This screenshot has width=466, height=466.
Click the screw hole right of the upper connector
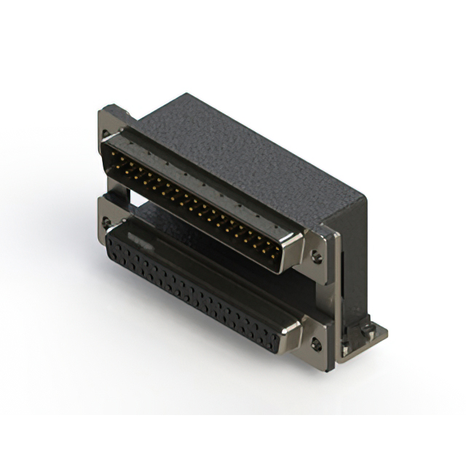pos(316,256)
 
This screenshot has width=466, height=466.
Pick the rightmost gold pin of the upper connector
pos(277,255)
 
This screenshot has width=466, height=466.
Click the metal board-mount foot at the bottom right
pos(368,335)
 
